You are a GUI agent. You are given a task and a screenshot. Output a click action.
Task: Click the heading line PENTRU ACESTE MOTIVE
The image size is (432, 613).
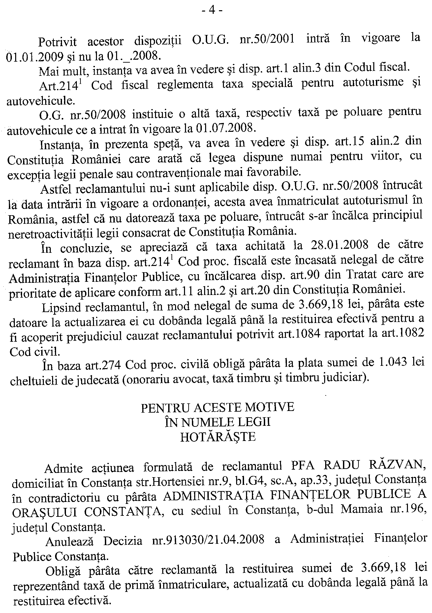[x=217, y=407]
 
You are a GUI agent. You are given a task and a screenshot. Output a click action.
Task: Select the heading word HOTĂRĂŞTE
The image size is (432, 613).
[x=218, y=437]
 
